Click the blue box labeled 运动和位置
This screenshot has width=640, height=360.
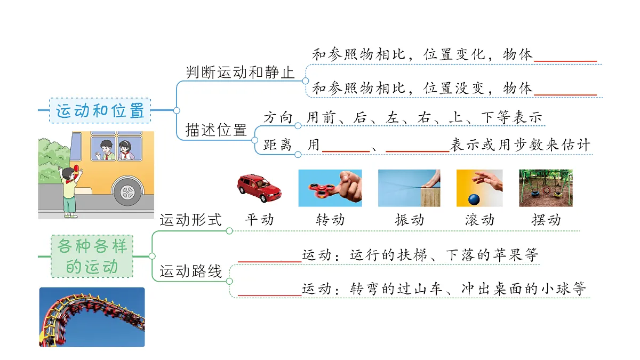point(100,110)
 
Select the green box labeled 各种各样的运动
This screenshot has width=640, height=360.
point(92,257)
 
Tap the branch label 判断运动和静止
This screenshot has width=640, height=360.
point(240,73)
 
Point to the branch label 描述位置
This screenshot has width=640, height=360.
point(216,130)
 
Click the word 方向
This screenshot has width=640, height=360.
point(278,117)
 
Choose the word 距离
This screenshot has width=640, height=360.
point(277,145)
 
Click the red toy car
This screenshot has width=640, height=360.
point(259,188)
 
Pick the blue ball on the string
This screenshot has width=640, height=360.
point(474,199)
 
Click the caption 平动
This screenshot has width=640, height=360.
point(259,220)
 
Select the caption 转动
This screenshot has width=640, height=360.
point(330,220)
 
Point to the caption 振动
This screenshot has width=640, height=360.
point(410,220)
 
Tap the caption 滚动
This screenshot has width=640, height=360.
point(479,220)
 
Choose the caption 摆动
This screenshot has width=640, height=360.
point(546,220)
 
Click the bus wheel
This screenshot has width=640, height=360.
point(127,192)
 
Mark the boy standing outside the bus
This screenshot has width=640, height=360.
point(70,191)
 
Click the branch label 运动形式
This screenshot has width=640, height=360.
point(190,220)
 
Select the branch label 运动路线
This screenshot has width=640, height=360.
point(190,271)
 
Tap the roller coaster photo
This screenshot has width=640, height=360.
point(92,317)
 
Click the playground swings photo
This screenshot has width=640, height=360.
point(546,188)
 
